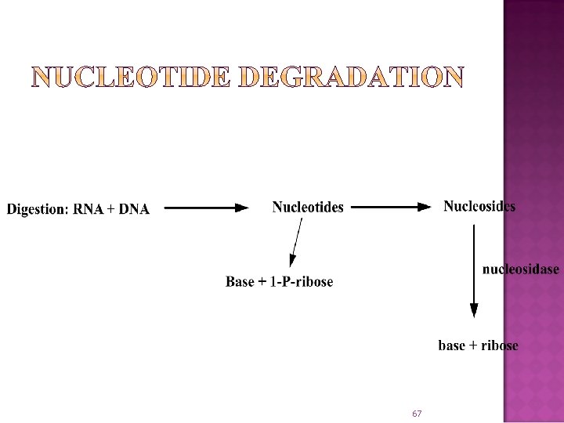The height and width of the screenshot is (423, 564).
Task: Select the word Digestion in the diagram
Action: [38, 209]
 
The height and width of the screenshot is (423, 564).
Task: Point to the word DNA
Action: [134, 209]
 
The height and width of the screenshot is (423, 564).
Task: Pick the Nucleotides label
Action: [308, 208]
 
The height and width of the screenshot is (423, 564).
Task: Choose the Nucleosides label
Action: [479, 207]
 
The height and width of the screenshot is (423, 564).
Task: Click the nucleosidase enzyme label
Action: [520, 269]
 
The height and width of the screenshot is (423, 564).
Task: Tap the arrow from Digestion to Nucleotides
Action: [207, 208]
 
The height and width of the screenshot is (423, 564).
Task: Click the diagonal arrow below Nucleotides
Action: [296, 244]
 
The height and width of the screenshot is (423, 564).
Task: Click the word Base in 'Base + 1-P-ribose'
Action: [240, 282]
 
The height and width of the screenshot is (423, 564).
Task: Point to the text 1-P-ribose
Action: [302, 282]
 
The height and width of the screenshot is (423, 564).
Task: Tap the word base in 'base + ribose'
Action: [452, 345]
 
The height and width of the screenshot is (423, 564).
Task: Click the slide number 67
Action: [417, 413]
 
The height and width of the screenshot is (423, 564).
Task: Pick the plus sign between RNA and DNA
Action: [110, 210]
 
